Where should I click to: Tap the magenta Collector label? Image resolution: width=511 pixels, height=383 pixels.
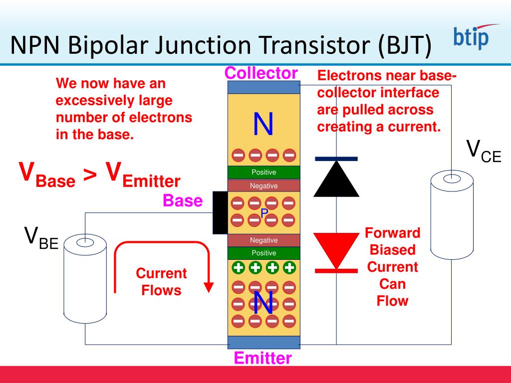(261, 73)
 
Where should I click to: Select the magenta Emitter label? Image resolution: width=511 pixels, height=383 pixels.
(262, 358)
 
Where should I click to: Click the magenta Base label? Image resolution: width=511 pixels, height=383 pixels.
(183, 201)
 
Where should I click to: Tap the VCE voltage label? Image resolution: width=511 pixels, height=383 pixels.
(484, 151)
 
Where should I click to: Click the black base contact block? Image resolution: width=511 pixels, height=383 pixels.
(220, 212)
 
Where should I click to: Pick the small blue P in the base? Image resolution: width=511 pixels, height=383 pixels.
(264, 213)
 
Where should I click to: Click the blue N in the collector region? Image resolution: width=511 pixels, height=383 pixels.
(263, 124)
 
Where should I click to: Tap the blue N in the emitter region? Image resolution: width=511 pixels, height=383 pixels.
(263, 303)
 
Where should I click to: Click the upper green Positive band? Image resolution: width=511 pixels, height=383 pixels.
(263, 173)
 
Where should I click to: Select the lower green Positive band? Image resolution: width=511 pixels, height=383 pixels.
(263, 253)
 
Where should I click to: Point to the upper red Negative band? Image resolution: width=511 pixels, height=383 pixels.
(263, 186)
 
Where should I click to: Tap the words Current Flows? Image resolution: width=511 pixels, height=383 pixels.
(161, 282)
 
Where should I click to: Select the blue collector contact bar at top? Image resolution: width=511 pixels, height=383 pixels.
(263, 87)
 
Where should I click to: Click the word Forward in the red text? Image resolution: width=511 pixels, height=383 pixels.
(393, 233)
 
